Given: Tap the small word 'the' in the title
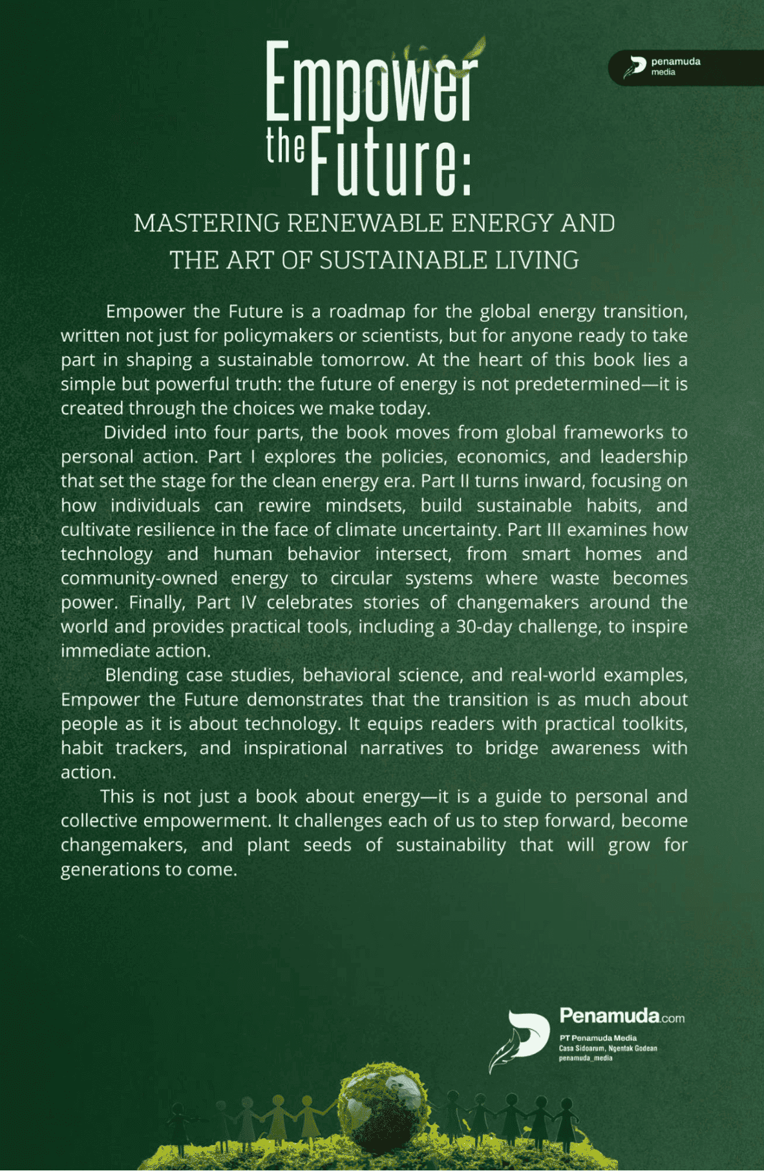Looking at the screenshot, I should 285,146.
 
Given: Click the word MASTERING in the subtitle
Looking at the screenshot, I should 207,224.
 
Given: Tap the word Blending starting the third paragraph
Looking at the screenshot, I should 142,675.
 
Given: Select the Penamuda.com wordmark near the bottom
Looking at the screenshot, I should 621,1016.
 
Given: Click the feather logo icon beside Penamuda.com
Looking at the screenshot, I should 519,1039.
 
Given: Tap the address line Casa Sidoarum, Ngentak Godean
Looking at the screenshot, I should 608,1048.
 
